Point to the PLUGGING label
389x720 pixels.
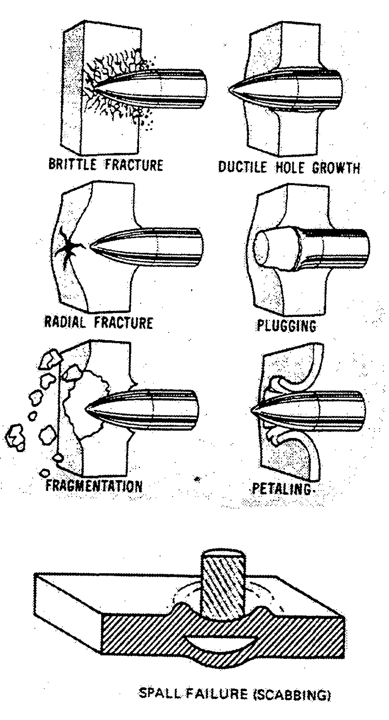286,325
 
